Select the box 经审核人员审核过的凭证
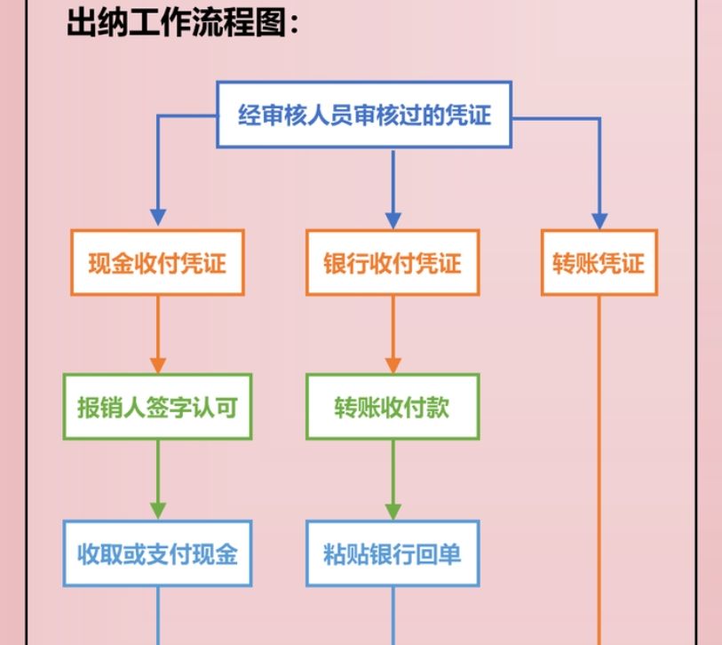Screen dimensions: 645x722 pyautogui.click(x=364, y=115)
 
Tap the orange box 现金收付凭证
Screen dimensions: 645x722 pyautogui.click(x=157, y=263)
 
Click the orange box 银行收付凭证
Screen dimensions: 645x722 pyautogui.click(x=393, y=263)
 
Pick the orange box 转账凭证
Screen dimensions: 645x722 pyautogui.click(x=599, y=263)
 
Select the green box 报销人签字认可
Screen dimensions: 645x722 pyautogui.click(x=157, y=407)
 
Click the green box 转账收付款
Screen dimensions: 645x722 pyautogui.click(x=393, y=407)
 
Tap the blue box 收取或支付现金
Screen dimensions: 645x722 pyautogui.click(x=157, y=553)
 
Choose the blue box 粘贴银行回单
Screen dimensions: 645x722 pyautogui.click(x=393, y=553)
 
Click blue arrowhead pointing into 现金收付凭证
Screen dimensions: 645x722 pyautogui.click(x=158, y=218)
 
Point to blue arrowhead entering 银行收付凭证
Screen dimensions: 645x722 pyautogui.click(x=393, y=218)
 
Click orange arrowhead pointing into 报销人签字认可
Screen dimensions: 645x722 pyautogui.click(x=158, y=364)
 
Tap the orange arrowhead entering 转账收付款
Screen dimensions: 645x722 pyautogui.click(x=393, y=364)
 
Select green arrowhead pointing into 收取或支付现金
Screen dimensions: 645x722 pyautogui.click(x=158, y=510)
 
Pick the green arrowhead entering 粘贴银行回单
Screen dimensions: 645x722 pyautogui.click(x=393, y=510)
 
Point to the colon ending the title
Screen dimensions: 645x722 pyautogui.click(x=294, y=24)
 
